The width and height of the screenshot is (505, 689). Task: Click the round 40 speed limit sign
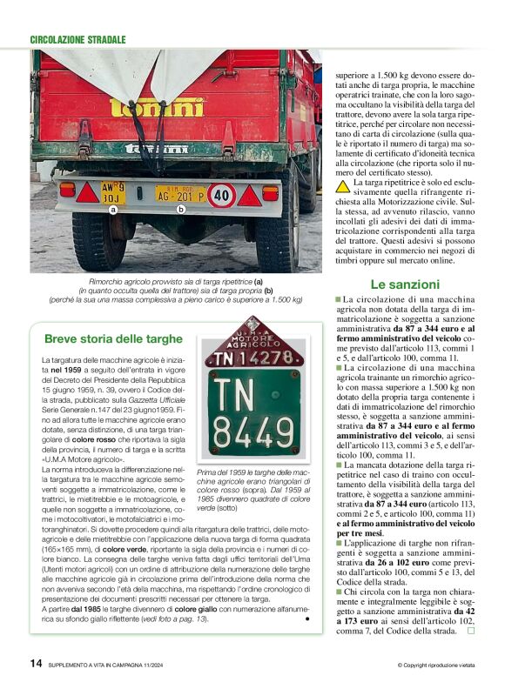(221, 193)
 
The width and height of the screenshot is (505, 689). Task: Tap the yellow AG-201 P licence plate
(181, 193)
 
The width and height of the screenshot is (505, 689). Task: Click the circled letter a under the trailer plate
(113, 210)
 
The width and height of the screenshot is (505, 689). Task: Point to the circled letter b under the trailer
(181, 210)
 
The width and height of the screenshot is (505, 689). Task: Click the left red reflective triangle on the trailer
(87, 193)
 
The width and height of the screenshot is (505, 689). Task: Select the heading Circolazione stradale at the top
(77, 40)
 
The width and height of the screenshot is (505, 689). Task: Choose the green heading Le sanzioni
(404, 284)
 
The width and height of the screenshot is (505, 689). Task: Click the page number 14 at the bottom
(36, 663)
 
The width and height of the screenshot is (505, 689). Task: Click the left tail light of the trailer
(67, 189)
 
